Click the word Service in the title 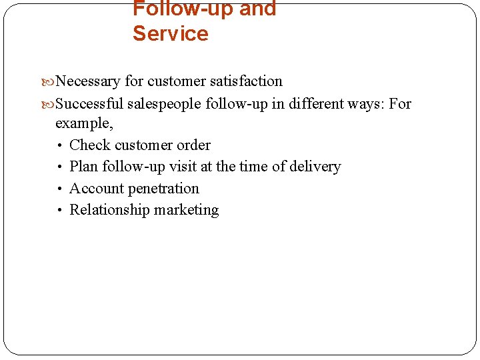(x=170, y=33)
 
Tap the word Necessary (x=88, y=81)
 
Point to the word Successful (x=89, y=103)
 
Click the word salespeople (x=164, y=104)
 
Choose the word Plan (x=84, y=167)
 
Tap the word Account (x=97, y=189)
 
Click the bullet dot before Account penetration (x=60, y=189)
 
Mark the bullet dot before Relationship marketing (x=60, y=211)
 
